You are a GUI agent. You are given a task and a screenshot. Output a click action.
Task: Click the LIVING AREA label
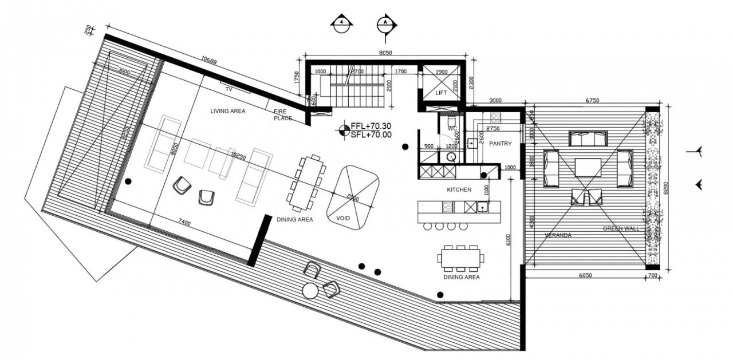pos(228,111)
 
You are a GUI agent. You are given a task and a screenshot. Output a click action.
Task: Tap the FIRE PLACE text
pos(282,115)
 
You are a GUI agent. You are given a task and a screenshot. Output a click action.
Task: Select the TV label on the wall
pos(228,90)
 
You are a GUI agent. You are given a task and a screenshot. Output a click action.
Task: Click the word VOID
pos(343,218)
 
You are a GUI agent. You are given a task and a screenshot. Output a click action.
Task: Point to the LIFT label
pos(441,93)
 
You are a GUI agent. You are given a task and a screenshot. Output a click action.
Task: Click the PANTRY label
pos(500,143)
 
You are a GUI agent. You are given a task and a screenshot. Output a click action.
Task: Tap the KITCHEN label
pos(459,189)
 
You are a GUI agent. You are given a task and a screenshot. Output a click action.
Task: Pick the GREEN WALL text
pos(620,228)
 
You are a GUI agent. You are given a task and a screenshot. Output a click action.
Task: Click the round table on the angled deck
pos(310,291)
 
